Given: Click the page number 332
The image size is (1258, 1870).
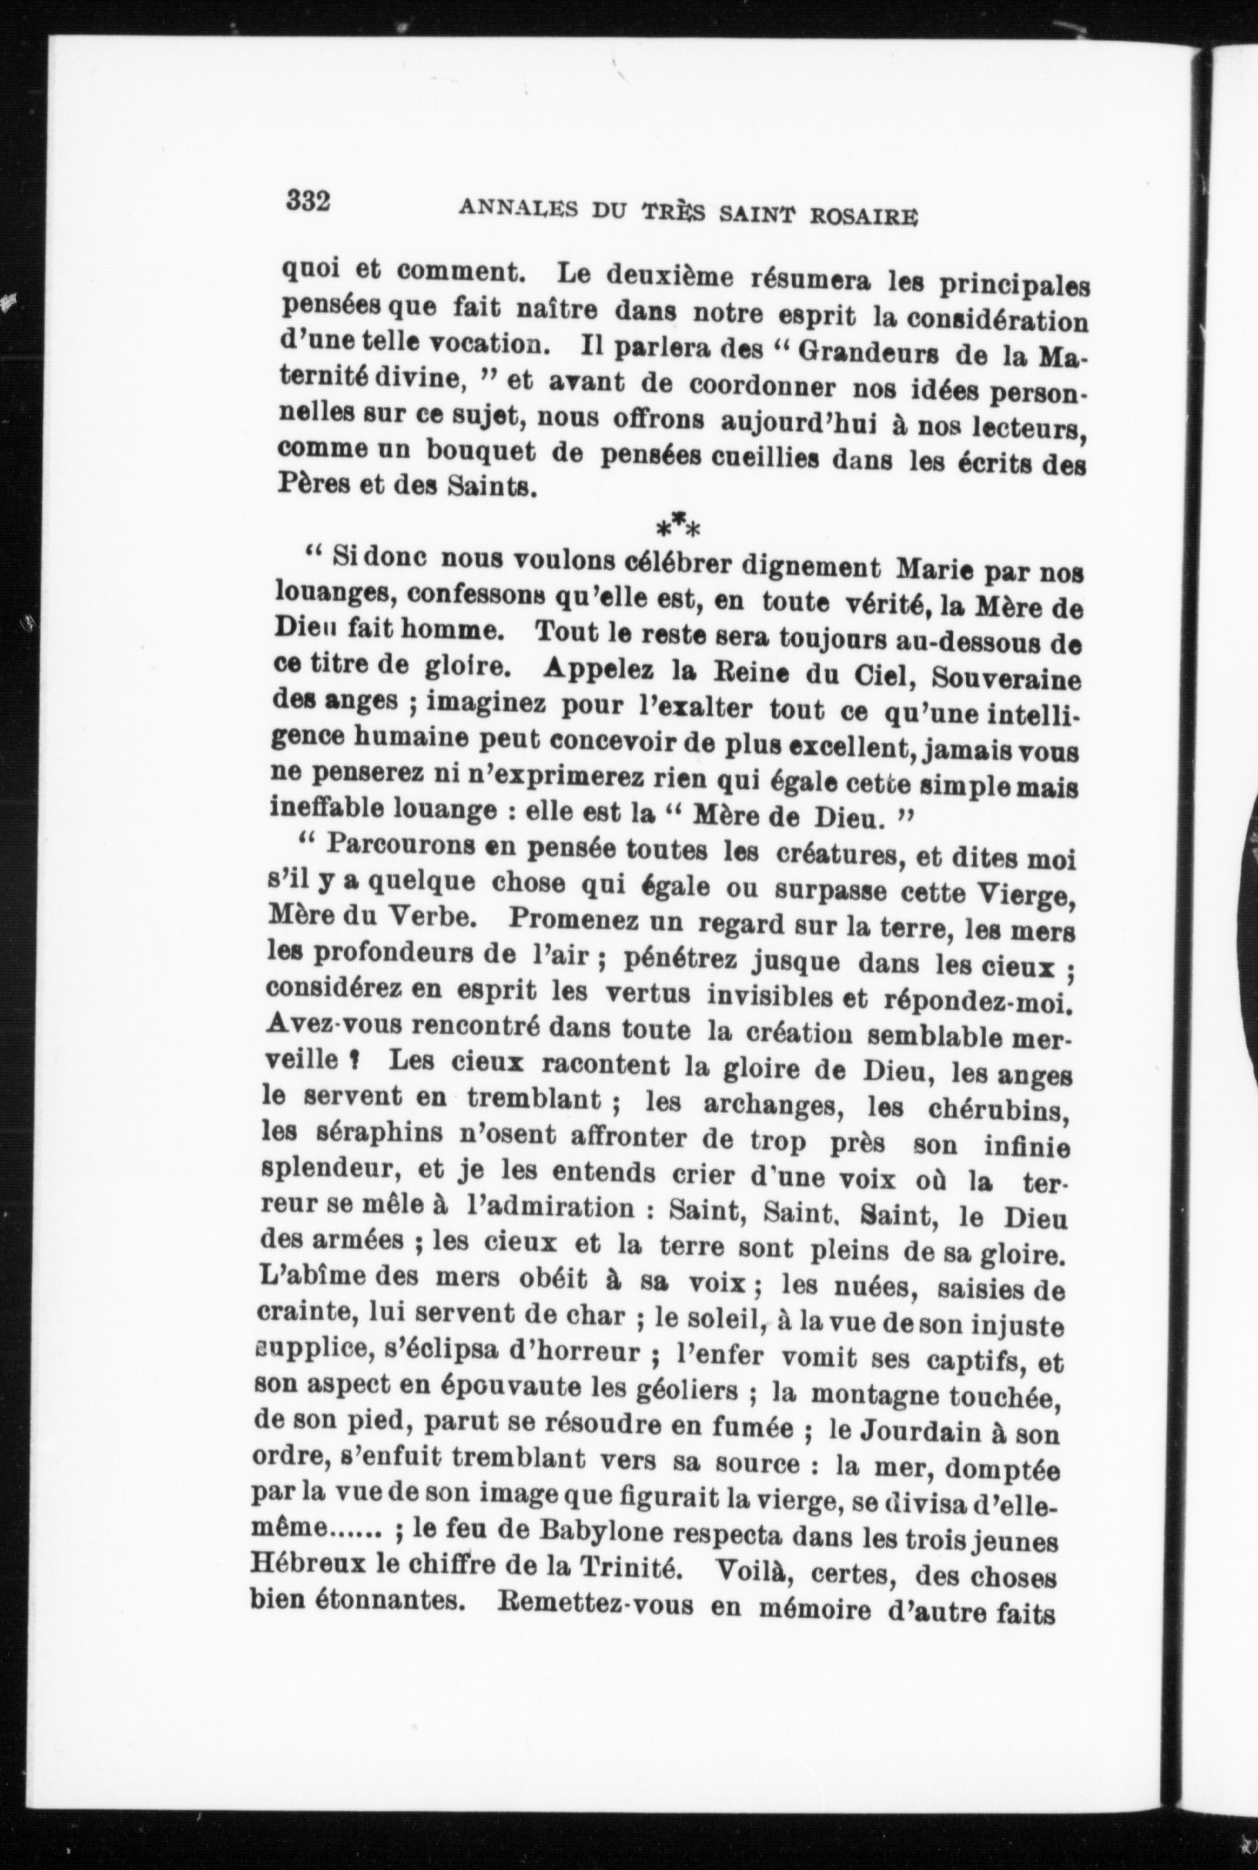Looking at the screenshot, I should pyautogui.click(x=308, y=201).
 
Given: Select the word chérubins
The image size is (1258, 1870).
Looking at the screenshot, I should pyautogui.click(x=999, y=1111).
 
